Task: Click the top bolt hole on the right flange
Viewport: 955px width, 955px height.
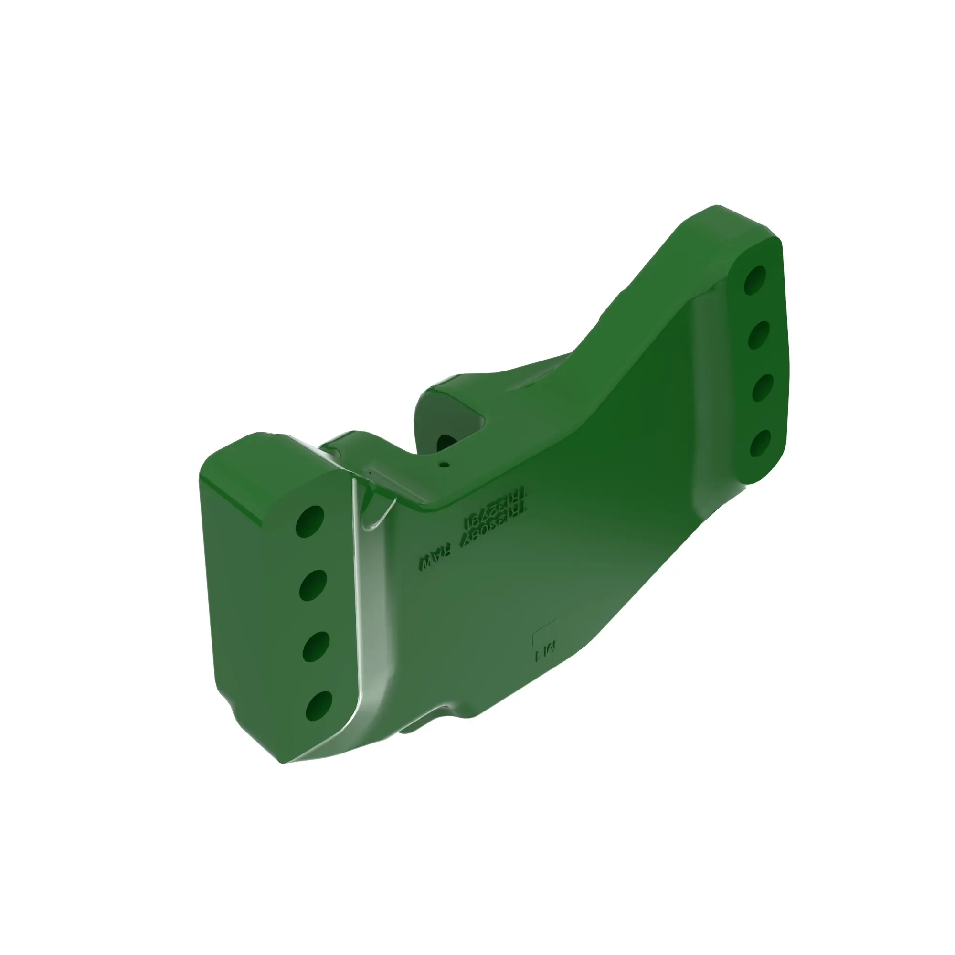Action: coord(755,280)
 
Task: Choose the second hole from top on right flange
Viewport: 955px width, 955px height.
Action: coord(759,335)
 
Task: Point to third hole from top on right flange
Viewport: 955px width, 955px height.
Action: coord(762,388)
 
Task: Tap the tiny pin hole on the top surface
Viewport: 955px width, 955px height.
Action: coord(445,464)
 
